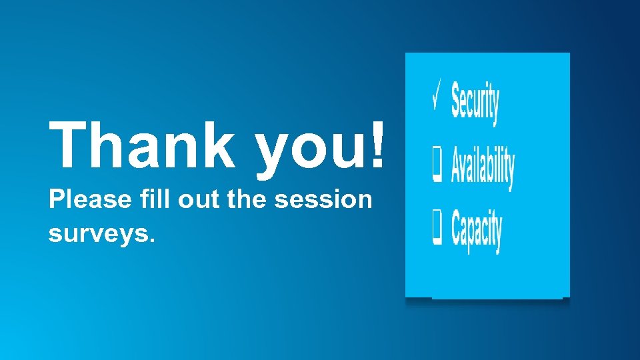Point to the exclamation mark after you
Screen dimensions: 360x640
pyautogui.click(x=378, y=145)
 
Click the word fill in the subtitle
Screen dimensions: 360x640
pyautogui.click(x=137, y=199)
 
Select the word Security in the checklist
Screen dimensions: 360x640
pyautogui.click(x=475, y=102)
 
